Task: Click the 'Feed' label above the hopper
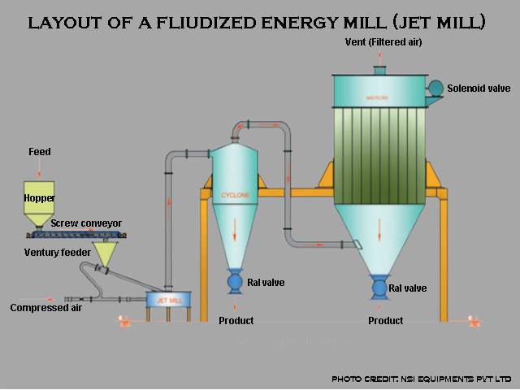[x=39, y=152]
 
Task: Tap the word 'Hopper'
[x=38, y=197]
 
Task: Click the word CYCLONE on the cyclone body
[x=234, y=196]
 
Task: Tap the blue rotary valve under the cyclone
[x=236, y=281]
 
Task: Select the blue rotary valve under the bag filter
[x=379, y=287]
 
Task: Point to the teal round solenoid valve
[x=435, y=88]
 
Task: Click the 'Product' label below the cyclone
[x=236, y=321]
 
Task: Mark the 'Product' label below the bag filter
[x=386, y=321]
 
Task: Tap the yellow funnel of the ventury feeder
[x=104, y=254]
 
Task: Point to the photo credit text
[x=422, y=379]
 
